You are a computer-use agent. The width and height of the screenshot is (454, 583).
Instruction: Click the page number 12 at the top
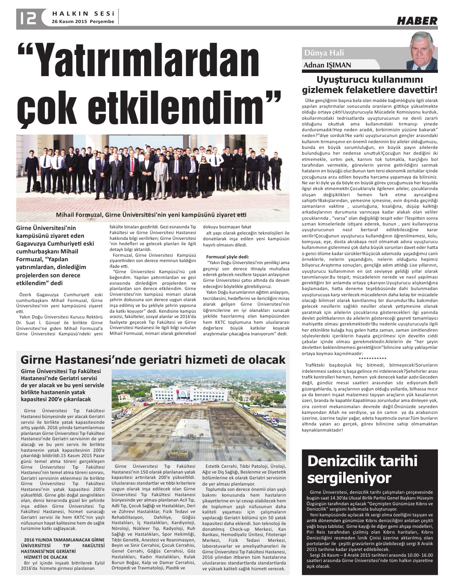(x=28, y=17)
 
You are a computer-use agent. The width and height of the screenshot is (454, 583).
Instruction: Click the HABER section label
(x=417, y=21)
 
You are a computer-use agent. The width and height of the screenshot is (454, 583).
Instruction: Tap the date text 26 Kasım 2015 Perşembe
(x=83, y=21)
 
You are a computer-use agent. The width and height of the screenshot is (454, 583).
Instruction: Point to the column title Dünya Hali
(x=324, y=53)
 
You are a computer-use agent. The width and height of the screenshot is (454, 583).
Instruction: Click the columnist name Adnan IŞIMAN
(x=327, y=65)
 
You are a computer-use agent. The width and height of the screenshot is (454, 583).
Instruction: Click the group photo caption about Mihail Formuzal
(x=151, y=215)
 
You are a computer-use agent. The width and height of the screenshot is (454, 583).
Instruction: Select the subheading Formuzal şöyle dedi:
(x=227, y=256)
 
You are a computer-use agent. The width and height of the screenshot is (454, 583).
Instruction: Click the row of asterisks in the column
(x=370, y=358)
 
